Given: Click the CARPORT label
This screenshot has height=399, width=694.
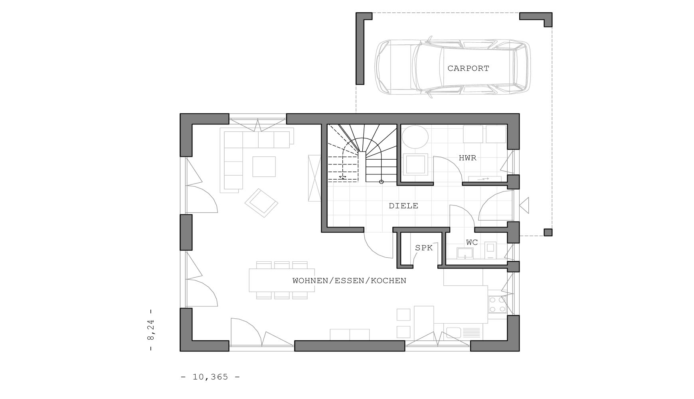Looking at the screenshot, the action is pyautogui.click(x=468, y=68).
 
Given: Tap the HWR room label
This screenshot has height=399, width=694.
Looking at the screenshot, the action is pyautogui.click(x=467, y=158).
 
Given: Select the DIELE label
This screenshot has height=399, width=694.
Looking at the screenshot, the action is pyautogui.click(x=403, y=206).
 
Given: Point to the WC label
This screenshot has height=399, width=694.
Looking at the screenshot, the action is pyautogui.click(x=472, y=242).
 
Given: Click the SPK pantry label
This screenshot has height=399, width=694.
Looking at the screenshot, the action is pyautogui.click(x=424, y=248).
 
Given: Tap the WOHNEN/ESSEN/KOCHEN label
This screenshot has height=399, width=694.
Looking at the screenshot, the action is pyautogui.click(x=349, y=280).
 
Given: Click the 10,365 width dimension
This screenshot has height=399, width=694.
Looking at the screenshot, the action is pyautogui.click(x=210, y=377).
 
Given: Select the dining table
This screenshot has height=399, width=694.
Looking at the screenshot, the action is pyautogui.click(x=282, y=280).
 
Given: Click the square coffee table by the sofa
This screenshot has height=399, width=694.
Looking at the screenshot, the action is pyautogui.click(x=264, y=166).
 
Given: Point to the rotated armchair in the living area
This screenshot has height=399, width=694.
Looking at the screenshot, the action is pyautogui.click(x=261, y=203).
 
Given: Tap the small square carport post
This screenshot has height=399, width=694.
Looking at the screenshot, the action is pyautogui.click(x=548, y=232).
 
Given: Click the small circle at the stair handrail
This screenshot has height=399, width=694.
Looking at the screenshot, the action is pyautogui.click(x=381, y=182).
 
